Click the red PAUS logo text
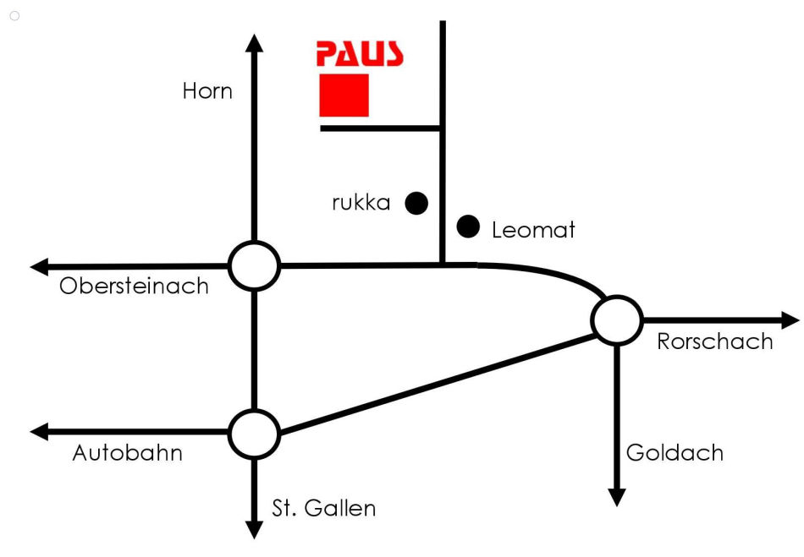[360, 54]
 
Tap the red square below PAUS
[344, 95]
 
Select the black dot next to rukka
[416, 203]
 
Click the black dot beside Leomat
[468, 227]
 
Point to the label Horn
[207, 90]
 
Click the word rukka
[361, 203]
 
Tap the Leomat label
[533, 230]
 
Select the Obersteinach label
[134, 286]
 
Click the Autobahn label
[128, 453]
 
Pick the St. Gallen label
[323, 509]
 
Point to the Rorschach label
[715, 341]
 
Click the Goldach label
[675, 453]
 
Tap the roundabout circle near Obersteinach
[254, 266]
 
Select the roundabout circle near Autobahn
[254, 434]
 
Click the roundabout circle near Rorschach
[617, 320]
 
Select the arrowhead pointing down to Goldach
[617, 497]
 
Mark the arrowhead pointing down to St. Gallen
[254, 530]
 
